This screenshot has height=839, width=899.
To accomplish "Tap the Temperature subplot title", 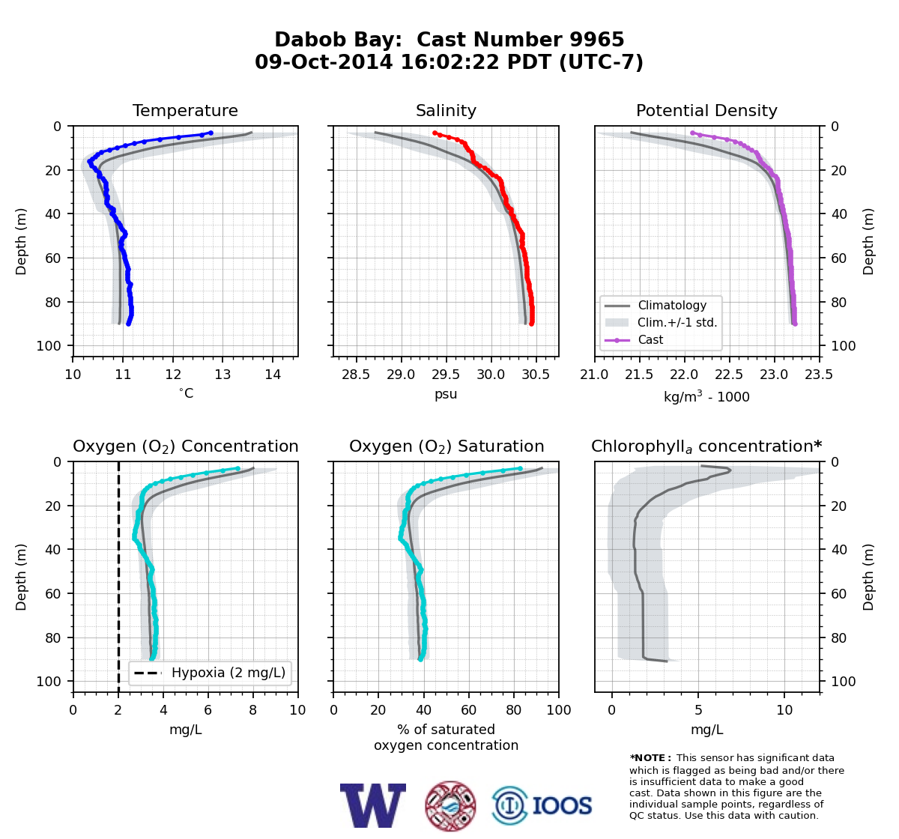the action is [x=185, y=110].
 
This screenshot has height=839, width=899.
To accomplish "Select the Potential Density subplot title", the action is [x=706, y=110].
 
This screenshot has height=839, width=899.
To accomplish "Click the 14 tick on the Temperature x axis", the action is [x=273, y=375].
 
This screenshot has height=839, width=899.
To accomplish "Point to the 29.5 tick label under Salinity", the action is [x=446, y=375].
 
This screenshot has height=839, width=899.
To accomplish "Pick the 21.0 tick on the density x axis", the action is [x=594, y=375].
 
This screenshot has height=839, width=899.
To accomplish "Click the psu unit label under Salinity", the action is [x=446, y=394].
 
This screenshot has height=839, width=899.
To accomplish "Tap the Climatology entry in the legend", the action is [x=672, y=305].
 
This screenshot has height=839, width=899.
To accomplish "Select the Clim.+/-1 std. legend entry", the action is [x=677, y=322].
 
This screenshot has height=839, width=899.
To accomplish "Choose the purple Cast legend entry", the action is [x=650, y=339].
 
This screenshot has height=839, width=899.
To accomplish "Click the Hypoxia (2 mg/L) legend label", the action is [x=228, y=673].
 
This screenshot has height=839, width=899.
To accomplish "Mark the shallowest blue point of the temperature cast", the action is [x=211, y=133].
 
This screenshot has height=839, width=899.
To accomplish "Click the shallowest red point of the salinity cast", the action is [x=435, y=133].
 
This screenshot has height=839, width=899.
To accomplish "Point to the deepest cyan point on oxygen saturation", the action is [x=420, y=658].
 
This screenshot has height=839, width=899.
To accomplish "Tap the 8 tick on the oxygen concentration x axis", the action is [x=253, y=710].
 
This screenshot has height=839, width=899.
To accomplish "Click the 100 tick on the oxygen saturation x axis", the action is [x=559, y=710].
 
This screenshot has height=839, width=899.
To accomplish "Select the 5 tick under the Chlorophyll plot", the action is [x=698, y=710].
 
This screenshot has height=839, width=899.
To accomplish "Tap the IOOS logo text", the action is [x=562, y=805].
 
